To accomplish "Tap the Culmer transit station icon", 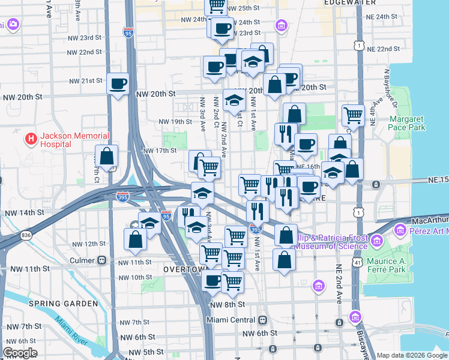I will pos(102,262).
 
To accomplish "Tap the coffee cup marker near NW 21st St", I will pos(118,83).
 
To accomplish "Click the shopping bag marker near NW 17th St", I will pos(106,157).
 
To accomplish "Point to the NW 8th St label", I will pos(228,304).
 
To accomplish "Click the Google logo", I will pos(20,353).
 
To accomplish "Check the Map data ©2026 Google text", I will pos(412,355).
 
